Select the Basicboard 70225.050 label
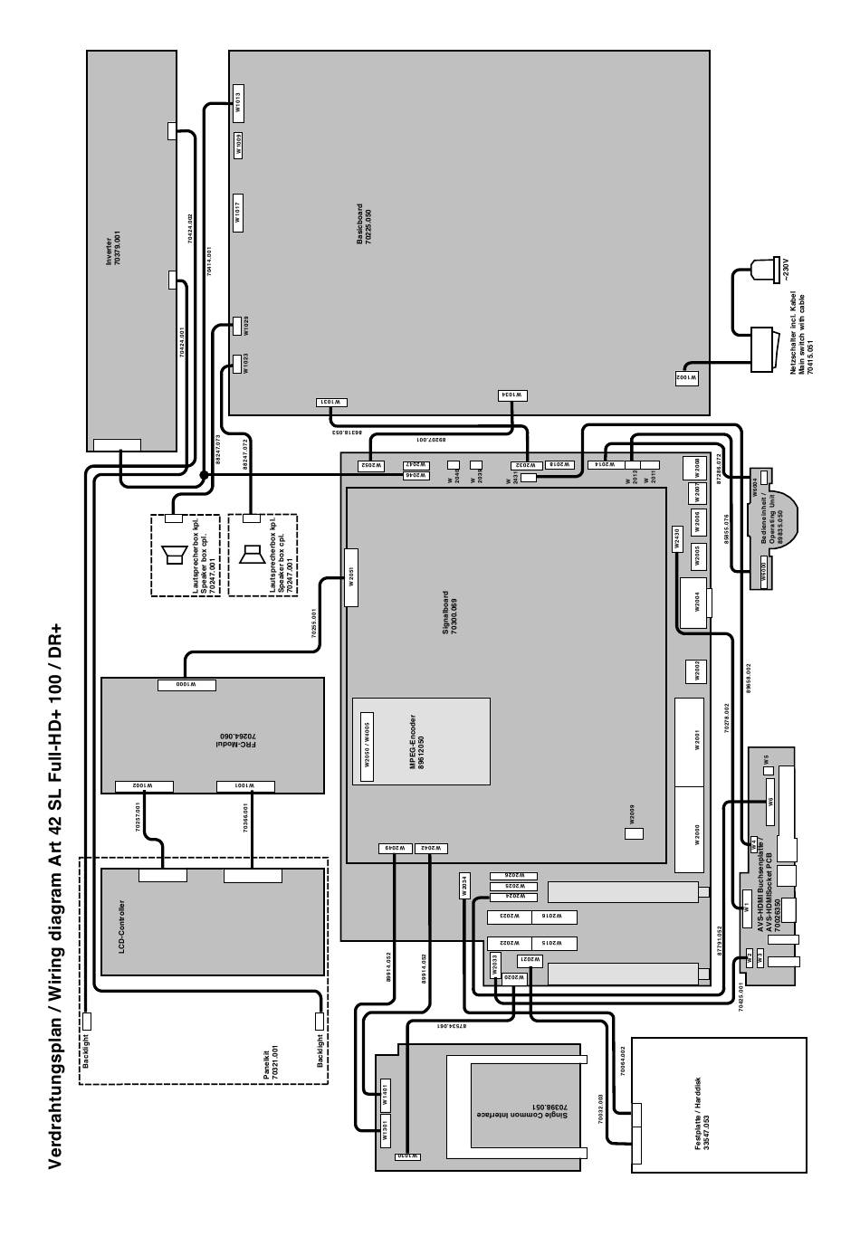[x=364, y=226]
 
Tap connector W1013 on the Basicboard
[x=238, y=105]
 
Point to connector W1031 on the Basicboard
[x=330, y=402]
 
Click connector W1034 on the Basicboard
[x=512, y=395]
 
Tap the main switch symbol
[x=763, y=349]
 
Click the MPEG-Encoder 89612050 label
[x=416, y=741]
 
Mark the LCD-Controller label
[x=122, y=926]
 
